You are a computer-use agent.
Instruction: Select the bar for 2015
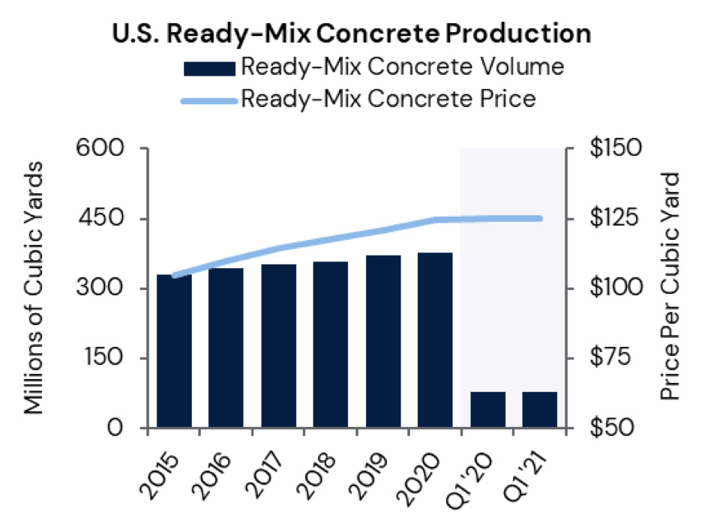tap(174, 352)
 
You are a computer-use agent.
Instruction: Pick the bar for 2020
tap(435, 341)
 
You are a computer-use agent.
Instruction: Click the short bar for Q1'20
tap(487, 410)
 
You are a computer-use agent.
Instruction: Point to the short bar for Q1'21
tap(540, 410)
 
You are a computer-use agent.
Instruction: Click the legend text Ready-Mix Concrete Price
tap(388, 99)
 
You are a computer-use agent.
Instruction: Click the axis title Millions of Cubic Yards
tap(33, 288)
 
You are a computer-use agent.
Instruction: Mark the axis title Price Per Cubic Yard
tap(671, 288)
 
